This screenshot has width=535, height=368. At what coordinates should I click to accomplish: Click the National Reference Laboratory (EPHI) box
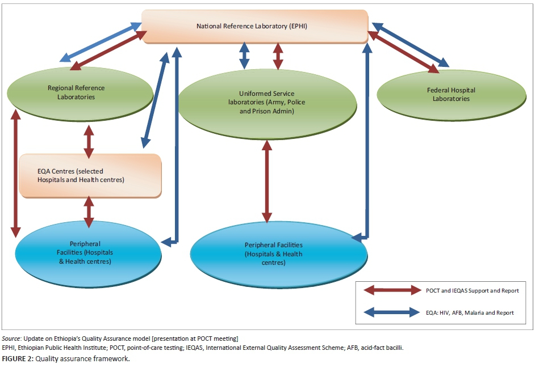(254, 26)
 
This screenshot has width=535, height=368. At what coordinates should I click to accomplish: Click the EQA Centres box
(90, 175)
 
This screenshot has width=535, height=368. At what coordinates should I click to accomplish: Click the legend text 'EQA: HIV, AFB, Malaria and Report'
(470, 312)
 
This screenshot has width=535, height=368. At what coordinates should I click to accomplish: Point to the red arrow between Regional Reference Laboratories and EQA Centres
(89, 141)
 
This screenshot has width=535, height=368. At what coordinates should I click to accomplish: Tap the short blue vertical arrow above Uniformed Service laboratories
(244, 56)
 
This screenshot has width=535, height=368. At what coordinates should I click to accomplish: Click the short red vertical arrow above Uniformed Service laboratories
(278, 56)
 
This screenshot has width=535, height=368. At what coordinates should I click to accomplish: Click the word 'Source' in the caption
(11, 339)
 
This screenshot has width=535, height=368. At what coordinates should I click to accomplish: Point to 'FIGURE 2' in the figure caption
(18, 358)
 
